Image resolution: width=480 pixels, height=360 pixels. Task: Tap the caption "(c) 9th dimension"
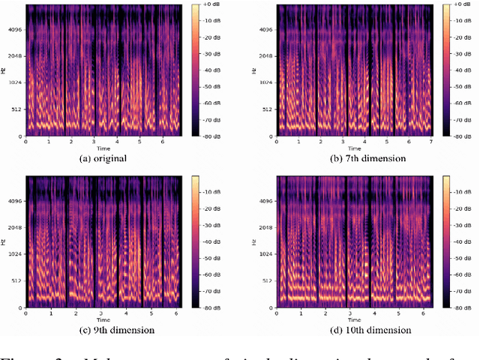pos(106,330)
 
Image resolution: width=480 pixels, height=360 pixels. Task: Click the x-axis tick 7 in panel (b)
pos(431,142)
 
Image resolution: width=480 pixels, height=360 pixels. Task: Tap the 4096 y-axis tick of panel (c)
pos(13,201)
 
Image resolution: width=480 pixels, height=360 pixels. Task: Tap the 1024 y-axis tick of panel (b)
pos(262,82)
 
